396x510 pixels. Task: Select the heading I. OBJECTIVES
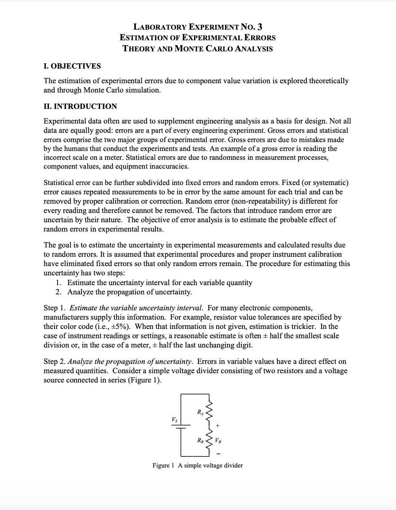(72, 66)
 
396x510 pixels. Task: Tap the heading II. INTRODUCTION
(80, 106)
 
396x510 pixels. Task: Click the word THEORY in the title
(138, 48)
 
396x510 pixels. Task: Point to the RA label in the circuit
(201, 413)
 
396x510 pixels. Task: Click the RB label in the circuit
(201, 440)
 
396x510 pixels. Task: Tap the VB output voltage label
(218, 440)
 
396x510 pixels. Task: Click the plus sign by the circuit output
(217, 425)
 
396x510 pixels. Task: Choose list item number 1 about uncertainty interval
(154, 282)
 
